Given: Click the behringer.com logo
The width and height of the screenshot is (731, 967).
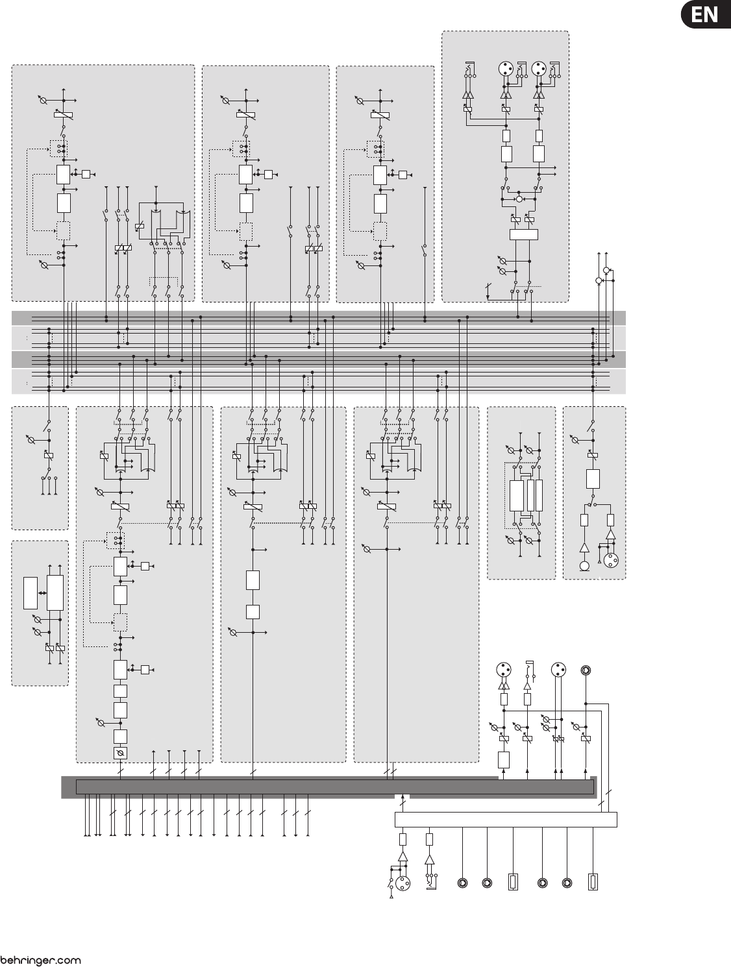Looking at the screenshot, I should (x=40, y=960).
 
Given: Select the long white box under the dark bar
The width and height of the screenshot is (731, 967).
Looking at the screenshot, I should (x=505, y=819).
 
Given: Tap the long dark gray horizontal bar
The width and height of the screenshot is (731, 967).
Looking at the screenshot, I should (x=334, y=787).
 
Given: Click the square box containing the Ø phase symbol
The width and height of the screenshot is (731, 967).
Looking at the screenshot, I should (x=119, y=753).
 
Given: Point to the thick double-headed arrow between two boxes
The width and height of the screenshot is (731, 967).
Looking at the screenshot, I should (x=42, y=593).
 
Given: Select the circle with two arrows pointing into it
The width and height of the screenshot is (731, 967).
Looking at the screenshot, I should (x=519, y=199).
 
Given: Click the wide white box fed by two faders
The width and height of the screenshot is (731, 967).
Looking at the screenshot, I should (x=523, y=234).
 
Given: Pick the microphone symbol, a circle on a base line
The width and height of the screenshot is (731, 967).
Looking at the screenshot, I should (x=584, y=566).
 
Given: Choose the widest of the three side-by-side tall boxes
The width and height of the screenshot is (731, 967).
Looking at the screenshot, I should (x=516, y=496).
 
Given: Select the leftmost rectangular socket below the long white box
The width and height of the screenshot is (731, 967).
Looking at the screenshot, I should (x=513, y=883).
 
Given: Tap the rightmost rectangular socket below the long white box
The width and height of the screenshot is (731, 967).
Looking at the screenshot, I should (x=592, y=883).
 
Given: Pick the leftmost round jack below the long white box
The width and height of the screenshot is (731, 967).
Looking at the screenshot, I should (x=462, y=883).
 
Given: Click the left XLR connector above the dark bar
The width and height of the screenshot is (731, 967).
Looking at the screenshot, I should (x=503, y=670).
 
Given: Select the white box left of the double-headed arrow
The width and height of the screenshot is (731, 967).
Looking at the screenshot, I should (x=31, y=593).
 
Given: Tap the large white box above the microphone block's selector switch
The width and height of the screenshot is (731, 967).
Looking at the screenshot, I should (x=592, y=480).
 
